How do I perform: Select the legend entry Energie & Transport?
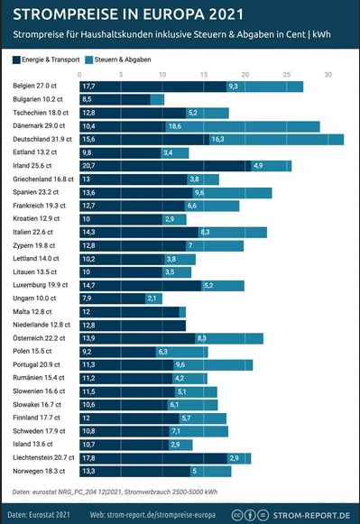click(51, 59)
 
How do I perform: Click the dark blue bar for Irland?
click(163, 166)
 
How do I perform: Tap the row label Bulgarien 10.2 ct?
click(39, 99)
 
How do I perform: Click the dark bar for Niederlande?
click(133, 325)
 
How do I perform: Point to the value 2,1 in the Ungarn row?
click(153, 299)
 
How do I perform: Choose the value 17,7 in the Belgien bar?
click(88, 87)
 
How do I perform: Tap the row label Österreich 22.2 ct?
click(40, 338)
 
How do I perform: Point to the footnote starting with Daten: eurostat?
click(115, 492)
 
